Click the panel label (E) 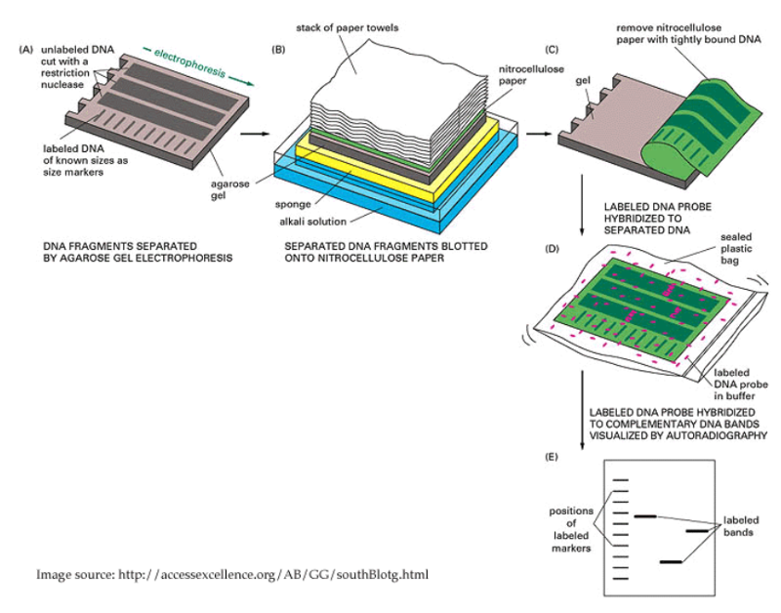pyautogui.click(x=553, y=457)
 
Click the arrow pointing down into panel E pyautogui.click(x=582, y=429)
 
